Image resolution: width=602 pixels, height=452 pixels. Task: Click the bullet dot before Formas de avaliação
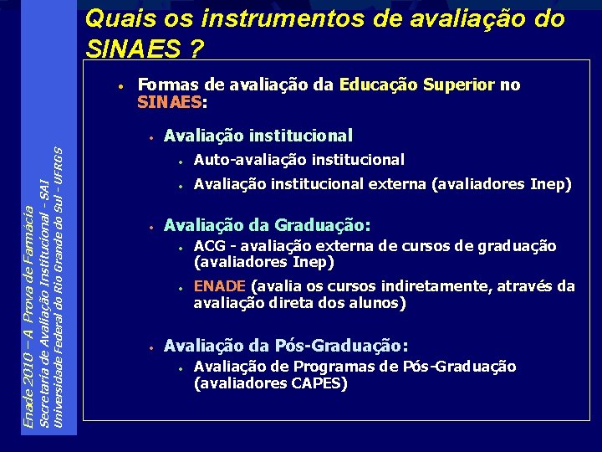click(x=122, y=86)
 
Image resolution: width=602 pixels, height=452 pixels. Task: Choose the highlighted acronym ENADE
click(x=220, y=286)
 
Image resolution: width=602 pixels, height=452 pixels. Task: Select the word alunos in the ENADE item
click(x=381, y=303)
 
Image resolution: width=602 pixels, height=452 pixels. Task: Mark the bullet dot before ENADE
click(x=180, y=288)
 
